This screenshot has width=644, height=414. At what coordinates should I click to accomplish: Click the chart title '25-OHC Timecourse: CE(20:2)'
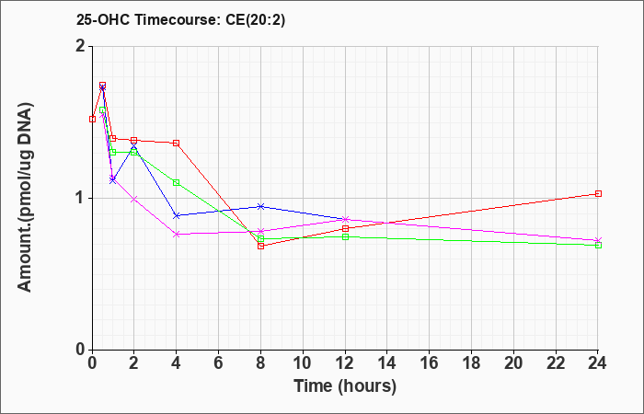(x=180, y=19)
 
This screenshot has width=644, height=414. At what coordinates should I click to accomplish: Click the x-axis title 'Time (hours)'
(x=345, y=386)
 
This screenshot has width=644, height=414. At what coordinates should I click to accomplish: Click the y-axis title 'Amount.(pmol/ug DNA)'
(x=25, y=198)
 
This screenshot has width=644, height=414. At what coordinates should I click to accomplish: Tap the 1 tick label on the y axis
(x=81, y=199)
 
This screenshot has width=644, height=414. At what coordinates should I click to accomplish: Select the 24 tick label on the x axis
(x=597, y=363)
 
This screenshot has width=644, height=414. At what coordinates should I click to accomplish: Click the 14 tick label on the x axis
(x=387, y=363)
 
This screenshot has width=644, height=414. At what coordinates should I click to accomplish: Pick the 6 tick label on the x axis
(x=218, y=363)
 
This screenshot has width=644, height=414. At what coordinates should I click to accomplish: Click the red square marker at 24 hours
(x=598, y=193)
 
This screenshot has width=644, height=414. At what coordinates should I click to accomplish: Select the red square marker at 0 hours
(x=92, y=119)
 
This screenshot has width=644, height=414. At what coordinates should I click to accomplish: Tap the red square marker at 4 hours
(x=177, y=143)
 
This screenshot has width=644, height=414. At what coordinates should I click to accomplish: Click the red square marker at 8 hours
(x=260, y=246)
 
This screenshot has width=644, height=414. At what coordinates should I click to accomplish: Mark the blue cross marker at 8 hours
(x=260, y=206)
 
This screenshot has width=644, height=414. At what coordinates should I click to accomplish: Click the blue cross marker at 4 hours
(x=177, y=215)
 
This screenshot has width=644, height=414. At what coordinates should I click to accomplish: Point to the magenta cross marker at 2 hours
(x=134, y=200)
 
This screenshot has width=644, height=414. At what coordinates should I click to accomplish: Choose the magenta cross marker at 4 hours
(x=177, y=234)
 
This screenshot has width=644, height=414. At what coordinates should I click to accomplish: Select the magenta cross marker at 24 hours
(x=598, y=240)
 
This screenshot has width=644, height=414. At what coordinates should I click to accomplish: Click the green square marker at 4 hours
(x=177, y=182)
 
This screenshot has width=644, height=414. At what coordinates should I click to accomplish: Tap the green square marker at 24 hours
(x=598, y=246)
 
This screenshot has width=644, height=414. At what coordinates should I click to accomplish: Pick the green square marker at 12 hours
(x=345, y=236)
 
